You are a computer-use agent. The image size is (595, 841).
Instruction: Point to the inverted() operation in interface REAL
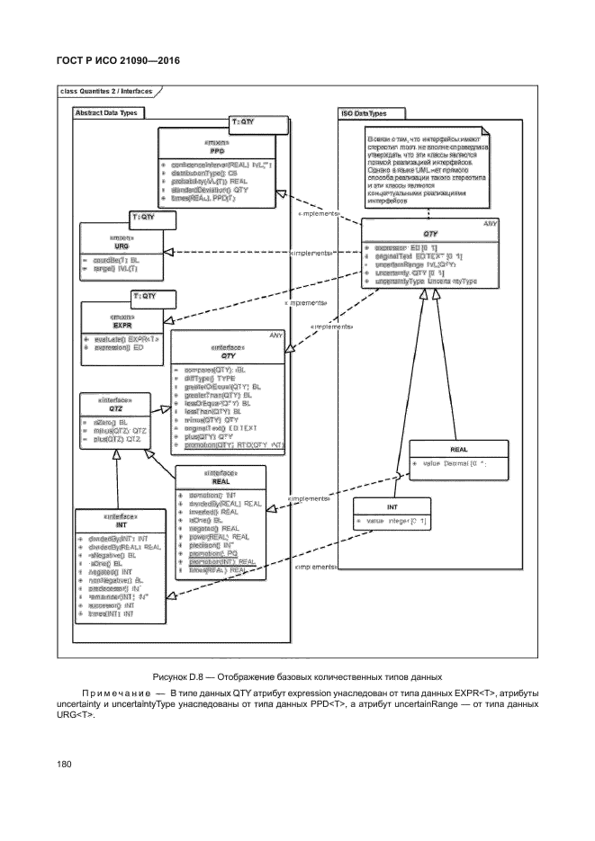tap(211, 512)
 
